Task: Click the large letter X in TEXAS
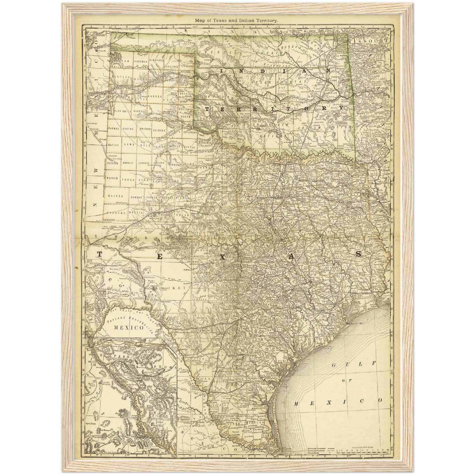coord(223,257)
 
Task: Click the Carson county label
coord(156,96)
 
